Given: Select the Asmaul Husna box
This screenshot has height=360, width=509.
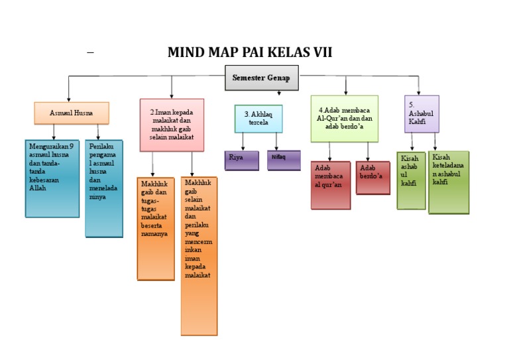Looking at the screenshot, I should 72,113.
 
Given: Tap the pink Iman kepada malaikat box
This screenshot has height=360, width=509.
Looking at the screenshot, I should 172,125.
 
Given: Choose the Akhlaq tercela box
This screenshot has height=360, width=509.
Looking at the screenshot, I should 258,118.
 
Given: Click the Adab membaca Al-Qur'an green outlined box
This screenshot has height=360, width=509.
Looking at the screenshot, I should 345,118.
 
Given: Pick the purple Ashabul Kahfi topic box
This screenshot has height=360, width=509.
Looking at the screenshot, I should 422,113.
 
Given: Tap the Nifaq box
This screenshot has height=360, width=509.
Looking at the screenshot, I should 284,160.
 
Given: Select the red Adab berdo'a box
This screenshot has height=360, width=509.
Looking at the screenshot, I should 372,177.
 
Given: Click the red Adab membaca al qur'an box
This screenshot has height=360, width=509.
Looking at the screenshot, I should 330,184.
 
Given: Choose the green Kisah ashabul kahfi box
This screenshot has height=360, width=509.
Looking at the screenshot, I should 411,180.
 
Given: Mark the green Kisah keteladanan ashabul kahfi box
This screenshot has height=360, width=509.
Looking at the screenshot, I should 448,182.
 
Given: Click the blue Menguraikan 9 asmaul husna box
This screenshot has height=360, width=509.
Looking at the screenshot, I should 52,178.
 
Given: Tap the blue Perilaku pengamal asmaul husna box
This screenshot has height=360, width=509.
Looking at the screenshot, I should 103,188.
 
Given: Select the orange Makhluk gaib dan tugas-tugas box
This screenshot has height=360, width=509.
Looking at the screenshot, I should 156,229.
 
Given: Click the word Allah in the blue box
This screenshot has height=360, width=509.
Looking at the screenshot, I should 38,188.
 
